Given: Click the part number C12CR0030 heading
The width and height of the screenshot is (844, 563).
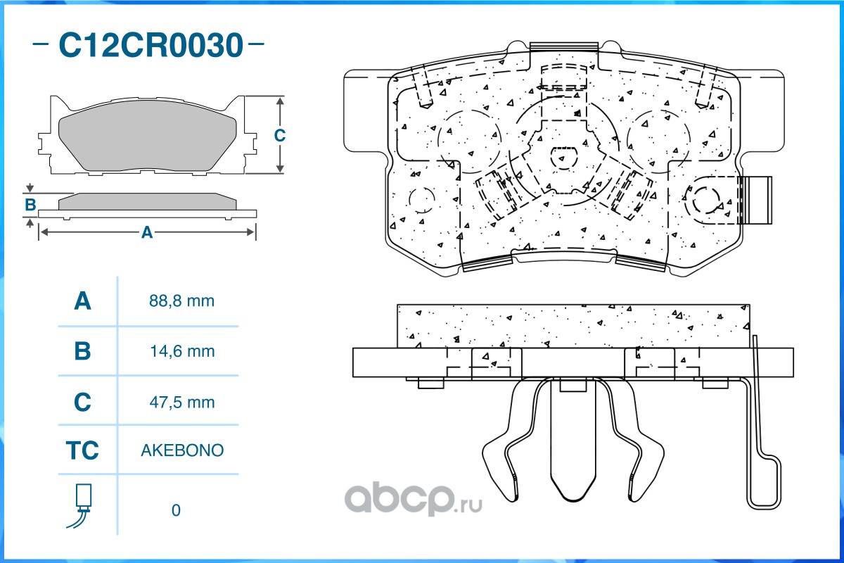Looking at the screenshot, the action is click(151, 45).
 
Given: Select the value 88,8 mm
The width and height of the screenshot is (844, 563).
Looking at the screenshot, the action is click(181, 301).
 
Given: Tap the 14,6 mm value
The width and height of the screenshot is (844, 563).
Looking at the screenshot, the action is click(182, 351).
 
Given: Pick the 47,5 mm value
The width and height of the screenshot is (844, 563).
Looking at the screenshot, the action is click(182, 403).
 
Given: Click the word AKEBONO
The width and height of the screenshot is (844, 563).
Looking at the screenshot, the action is click(182, 450).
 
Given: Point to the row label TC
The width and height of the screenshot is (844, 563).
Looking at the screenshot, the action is click(82, 450).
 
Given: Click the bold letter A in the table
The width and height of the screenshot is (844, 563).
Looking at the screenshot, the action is click(82, 301).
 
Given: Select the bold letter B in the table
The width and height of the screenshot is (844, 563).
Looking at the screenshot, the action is click(82, 351).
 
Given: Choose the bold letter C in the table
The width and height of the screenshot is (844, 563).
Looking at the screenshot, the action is click(82, 402).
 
